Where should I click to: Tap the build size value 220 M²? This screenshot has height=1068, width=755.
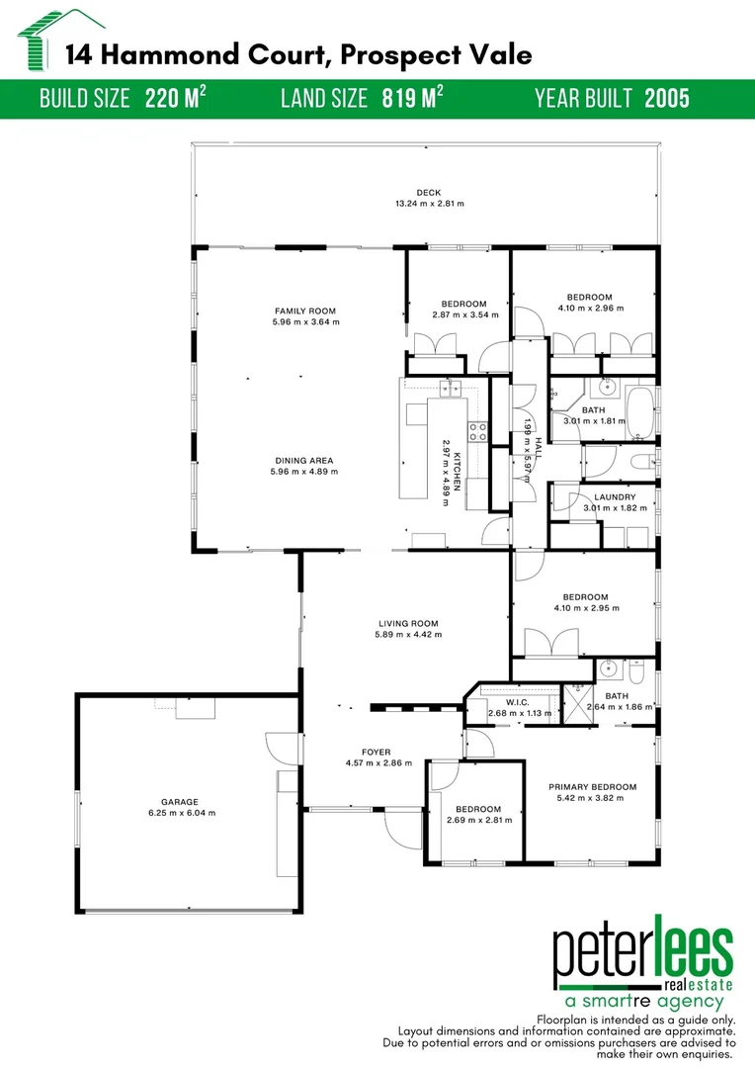(176, 99)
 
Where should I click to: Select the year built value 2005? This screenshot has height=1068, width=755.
(667, 99)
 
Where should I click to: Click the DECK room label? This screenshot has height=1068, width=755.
(428, 193)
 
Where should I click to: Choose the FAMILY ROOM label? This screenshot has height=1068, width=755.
(305, 311)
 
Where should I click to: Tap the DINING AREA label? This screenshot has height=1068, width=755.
(305, 460)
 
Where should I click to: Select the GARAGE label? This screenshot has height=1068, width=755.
(180, 802)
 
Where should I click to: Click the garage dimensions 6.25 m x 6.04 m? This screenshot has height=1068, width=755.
(180, 813)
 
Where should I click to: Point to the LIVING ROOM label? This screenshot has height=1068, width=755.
(408, 624)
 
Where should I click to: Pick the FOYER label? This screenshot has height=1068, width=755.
(376, 753)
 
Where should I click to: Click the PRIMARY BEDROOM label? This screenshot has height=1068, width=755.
(593, 787)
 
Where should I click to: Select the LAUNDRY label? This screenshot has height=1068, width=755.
(615, 497)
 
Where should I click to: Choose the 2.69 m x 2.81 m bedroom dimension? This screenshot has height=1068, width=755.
(473, 820)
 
